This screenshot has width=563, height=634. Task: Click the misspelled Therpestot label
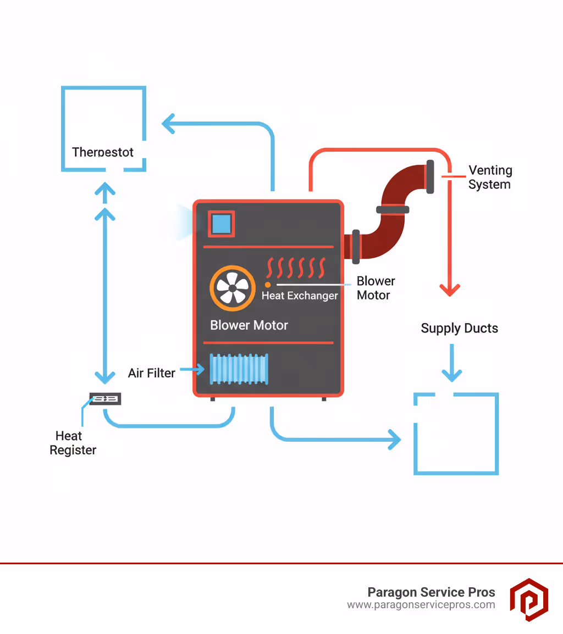click(103, 152)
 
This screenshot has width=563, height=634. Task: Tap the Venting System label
click(490, 177)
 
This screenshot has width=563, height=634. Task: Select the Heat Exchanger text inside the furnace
click(300, 296)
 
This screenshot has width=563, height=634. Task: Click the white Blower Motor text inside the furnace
click(249, 325)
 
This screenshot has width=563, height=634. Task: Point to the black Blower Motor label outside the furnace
click(376, 288)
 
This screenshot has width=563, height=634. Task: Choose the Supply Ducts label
click(459, 329)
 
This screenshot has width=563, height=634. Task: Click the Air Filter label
click(152, 373)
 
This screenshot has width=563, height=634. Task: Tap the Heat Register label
click(73, 443)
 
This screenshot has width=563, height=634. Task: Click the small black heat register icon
click(105, 399)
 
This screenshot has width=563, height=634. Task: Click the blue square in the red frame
click(221, 224)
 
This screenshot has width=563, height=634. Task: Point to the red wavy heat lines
click(295, 268)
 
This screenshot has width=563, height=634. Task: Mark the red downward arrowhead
click(450, 290)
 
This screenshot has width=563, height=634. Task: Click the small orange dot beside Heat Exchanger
click(268, 285)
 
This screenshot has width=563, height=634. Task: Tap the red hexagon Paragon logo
click(528, 599)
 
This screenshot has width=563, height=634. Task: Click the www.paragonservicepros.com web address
click(421, 605)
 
